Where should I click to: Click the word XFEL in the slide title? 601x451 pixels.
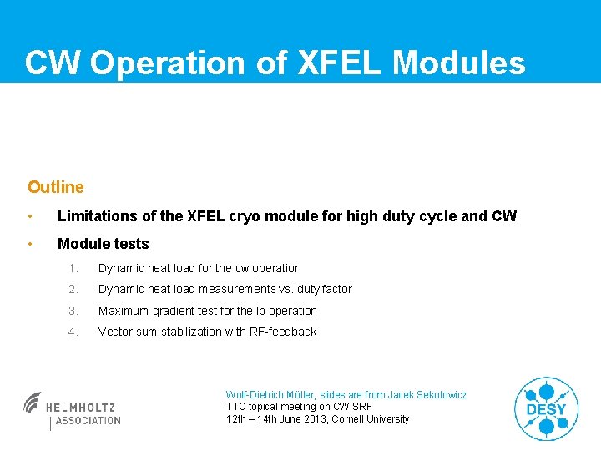(x=340, y=63)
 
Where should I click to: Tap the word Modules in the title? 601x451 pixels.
(x=459, y=63)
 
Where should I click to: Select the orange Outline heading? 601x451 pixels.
(x=56, y=187)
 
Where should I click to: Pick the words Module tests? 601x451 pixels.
(x=103, y=244)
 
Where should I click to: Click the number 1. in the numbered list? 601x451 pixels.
(x=74, y=268)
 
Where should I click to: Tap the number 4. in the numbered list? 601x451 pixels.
(x=74, y=332)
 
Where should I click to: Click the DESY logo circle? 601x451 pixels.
(x=546, y=408)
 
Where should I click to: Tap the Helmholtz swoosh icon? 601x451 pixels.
(x=33, y=403)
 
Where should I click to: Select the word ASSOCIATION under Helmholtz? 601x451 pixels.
(x=88, y=421)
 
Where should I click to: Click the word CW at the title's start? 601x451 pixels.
(x=53, y=63)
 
